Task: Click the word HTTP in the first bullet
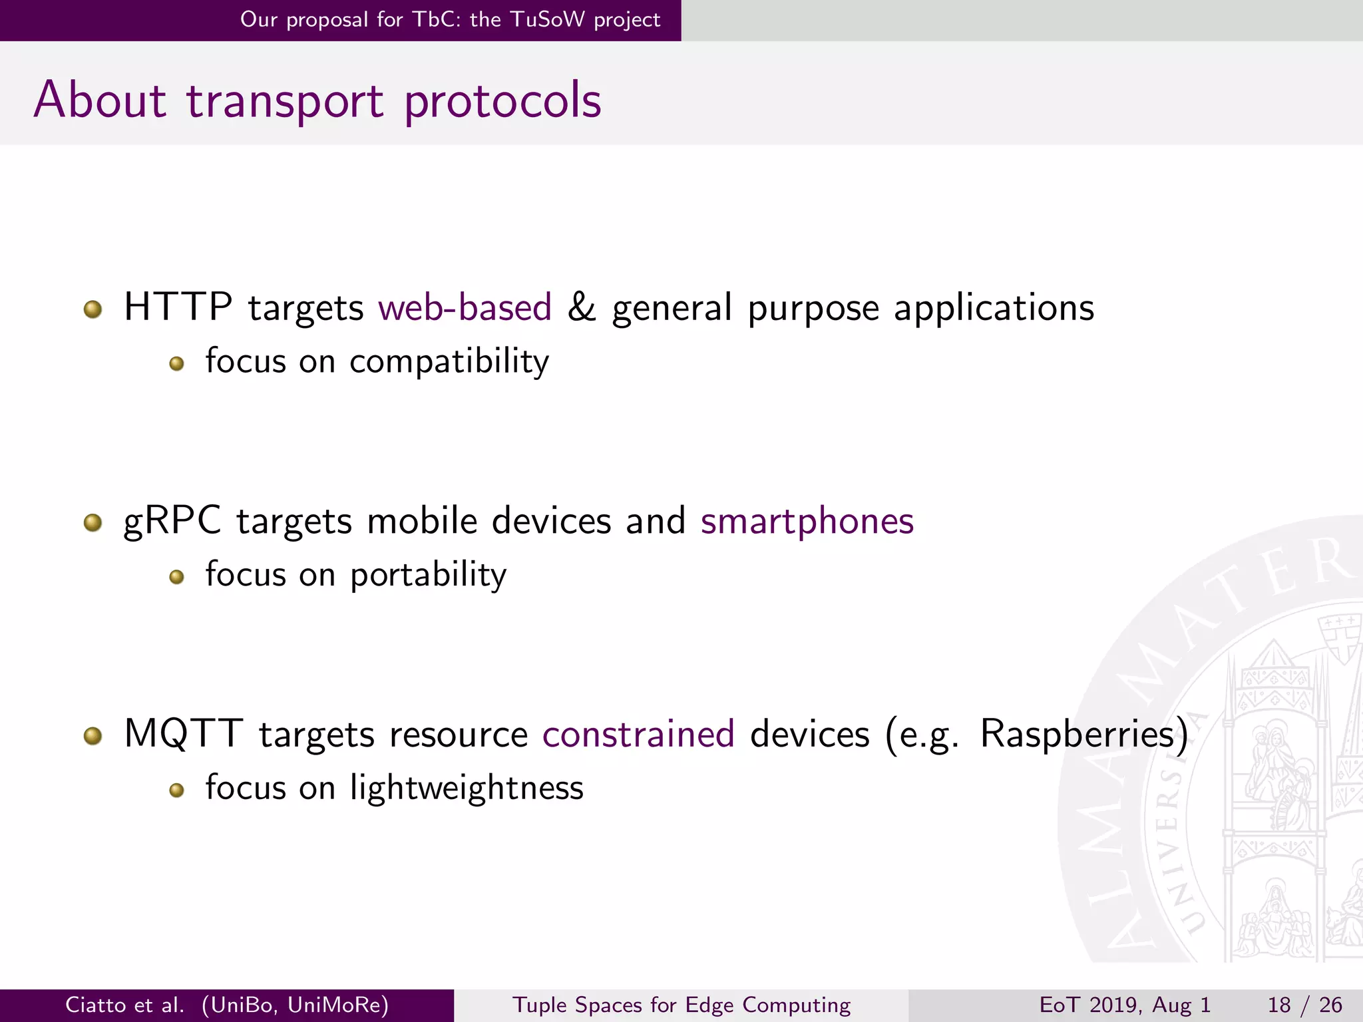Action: (x=178, y=307)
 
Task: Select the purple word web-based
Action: (x=465, y=307)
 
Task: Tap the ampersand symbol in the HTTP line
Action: (x=581, y=307)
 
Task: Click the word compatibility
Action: (x=449, y=362)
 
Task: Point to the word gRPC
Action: (x=172, y=521)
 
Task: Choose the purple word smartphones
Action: (x=807, y=521)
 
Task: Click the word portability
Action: (x=428, y=575)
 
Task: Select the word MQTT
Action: (x=183, y=734)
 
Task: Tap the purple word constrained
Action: (x=638, y=734)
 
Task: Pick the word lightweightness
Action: (x=467, y=788)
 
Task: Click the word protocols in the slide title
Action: (x=502, y=101)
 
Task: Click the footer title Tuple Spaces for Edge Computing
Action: (x=681, y=1005)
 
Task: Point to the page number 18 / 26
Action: (x=1304, y=1005)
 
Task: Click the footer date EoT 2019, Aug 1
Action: (x=1125, y=1005)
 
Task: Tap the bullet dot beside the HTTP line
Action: (x=93, y=309)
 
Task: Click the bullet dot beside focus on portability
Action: (x=176, y=577)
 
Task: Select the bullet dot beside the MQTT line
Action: (x=93, y=736)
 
